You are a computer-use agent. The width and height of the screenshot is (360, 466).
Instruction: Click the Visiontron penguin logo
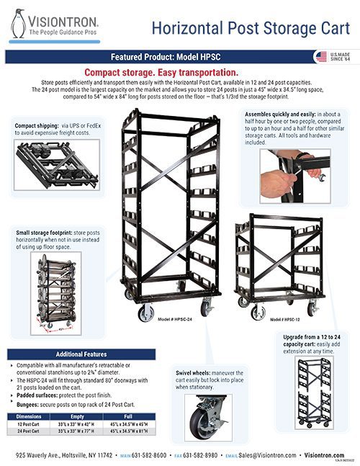pyautogui.click(x=17, y=24)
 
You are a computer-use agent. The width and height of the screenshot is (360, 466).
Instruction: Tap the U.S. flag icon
pyautogui.click(x=320, y=56)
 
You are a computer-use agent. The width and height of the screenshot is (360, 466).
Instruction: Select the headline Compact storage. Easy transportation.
pyautogui.click(x=161, y=73)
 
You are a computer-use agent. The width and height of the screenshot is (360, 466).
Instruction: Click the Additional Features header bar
pyautogui.click(x=81, y=354)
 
